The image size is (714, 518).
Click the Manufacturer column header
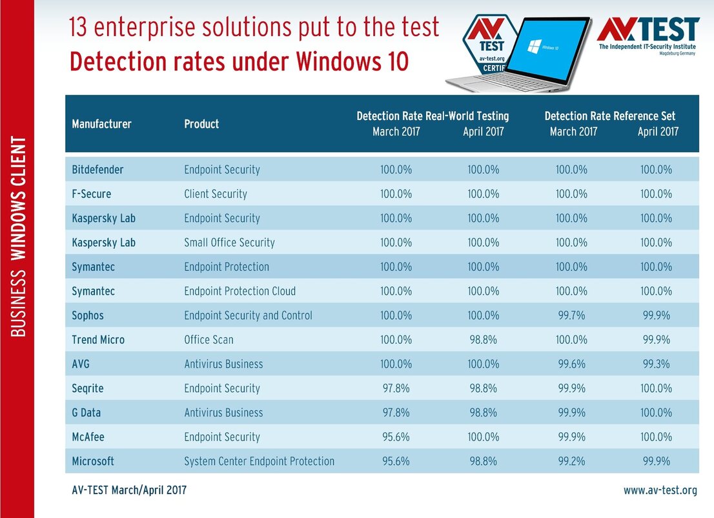pos(101,124)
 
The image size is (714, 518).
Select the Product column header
pos(201,124)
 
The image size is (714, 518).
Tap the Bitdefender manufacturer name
pos(97,169)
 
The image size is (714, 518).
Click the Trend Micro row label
pos(98,339)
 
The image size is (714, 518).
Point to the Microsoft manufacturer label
pos(93,461)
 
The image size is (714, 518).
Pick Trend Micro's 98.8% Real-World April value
pos(483,339)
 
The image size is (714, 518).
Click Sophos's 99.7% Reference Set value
pos(571,315)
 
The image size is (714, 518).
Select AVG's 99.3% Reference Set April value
pos(656,364)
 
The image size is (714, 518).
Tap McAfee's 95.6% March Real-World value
pos(396,437)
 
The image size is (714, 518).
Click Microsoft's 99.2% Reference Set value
pos(571,461)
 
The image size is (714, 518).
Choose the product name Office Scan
pos(209,339)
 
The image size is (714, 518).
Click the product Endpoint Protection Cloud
pos(240,291)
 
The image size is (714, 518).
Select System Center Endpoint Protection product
pos(259,461)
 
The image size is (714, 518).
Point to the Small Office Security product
pos(230,242)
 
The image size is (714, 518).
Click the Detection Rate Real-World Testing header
pos(433,116)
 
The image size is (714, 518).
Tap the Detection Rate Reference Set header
pos(609,116)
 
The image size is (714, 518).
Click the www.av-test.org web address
pos(660,490)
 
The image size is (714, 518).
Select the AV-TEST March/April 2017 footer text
pos(129,490)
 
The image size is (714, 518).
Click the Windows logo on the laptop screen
pos(534,46)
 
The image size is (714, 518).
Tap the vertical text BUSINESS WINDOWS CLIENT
pos(18,236)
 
